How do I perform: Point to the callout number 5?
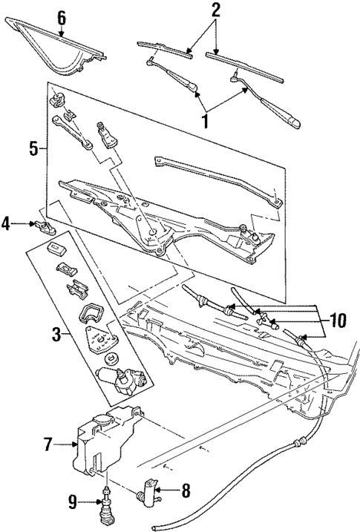pos(33,147)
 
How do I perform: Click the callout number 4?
pos(9,222)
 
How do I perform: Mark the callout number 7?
pos(49,444)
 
